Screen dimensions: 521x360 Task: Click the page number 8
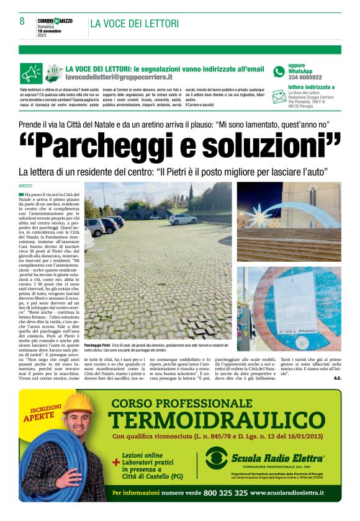tap(22, 22)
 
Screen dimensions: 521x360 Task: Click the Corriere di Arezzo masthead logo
tap(55, 20)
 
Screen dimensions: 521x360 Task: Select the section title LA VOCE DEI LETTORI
tap(135, 24)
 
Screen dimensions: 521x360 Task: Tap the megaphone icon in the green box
tap(30, 73)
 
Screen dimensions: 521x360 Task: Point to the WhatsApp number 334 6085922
tap(305, 78)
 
